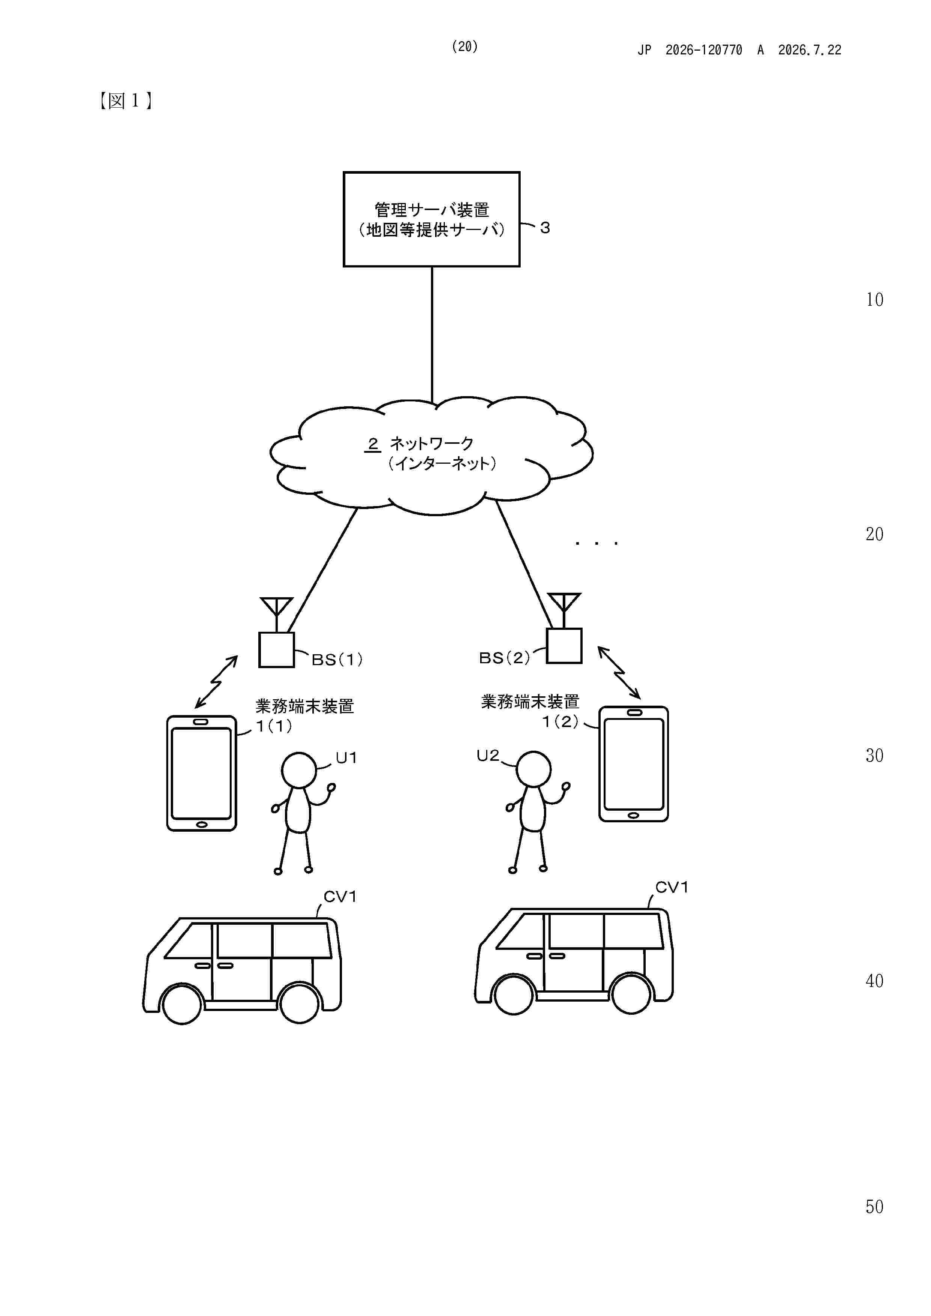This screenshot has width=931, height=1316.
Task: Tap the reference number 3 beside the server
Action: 545,228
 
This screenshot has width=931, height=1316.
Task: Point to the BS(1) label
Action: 337,660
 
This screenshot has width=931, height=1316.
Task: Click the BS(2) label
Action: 504,657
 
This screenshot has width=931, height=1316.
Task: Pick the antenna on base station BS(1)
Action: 277,614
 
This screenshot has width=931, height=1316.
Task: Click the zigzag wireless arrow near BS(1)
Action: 216,682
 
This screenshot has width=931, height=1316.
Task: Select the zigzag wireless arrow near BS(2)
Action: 619,672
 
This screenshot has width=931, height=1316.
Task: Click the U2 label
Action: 488,756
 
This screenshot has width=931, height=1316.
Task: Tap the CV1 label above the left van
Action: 340,897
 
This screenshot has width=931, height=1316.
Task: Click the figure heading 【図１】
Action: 126,101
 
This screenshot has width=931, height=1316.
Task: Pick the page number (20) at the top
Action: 465,47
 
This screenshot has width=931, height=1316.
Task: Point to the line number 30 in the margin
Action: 874,756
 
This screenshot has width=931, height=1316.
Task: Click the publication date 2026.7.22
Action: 809,50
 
